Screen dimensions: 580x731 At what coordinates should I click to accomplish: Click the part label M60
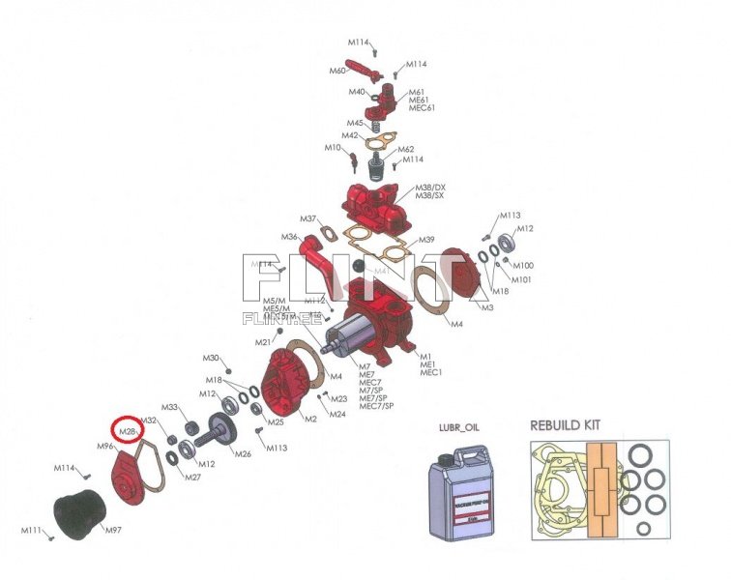[337, 71]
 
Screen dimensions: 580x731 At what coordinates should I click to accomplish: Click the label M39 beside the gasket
[426, 240]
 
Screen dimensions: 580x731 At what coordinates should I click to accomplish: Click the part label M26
[243, 453]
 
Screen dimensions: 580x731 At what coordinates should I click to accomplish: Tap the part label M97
[112, 531]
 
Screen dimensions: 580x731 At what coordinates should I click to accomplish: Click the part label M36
[289, 237]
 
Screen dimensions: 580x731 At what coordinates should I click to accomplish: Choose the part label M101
[522, 279]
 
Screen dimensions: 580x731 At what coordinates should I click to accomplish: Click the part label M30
[211, 359]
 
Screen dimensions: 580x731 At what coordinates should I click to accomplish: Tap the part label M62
[406, 149]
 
